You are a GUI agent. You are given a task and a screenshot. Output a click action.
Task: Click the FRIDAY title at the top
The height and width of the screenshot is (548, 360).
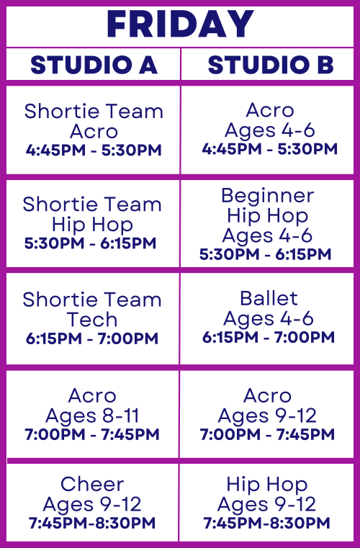[x=180, y=24]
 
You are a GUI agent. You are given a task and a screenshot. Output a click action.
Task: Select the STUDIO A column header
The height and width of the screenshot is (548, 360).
[x=93, y=65]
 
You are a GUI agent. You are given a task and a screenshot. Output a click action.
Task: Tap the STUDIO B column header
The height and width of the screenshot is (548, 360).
[x=270, y=65]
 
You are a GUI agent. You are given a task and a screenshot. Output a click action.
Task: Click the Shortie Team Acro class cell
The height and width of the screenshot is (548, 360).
[x=93, y=130]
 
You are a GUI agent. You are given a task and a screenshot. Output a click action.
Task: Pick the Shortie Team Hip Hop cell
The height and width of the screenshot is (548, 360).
[x=93, y=223]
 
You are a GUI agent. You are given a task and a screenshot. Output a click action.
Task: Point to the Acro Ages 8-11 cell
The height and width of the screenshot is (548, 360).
[x=93, y=415]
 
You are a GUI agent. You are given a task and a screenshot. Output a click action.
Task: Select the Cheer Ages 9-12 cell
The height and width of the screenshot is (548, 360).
[x=93, y=503]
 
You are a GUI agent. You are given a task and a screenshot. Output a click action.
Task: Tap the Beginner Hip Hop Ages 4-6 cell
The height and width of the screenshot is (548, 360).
[x=267, y=223]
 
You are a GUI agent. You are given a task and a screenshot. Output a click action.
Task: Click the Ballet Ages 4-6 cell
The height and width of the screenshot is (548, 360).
[x=268, y=318]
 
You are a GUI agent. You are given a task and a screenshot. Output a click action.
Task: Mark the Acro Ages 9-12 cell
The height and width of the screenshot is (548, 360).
[x=267, y=415]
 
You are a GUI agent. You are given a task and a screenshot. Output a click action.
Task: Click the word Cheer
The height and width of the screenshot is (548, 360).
[x=92, y=484]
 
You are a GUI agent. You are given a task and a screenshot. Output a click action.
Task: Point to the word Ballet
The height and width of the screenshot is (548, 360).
[x=269, y=298]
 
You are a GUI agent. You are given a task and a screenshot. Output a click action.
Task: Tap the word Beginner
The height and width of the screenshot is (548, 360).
[x=267, y=196]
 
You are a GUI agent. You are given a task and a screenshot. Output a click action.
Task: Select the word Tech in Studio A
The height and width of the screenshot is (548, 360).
[x=92, y=319]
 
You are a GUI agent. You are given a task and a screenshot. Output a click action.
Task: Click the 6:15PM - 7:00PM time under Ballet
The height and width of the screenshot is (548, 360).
[x=268, y=337]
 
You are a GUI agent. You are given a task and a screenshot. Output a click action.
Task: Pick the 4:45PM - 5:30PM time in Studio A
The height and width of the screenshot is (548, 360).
[x=94, y=151]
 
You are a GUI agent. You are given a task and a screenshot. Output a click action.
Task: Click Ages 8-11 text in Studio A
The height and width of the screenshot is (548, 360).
[x=92, y=416]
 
